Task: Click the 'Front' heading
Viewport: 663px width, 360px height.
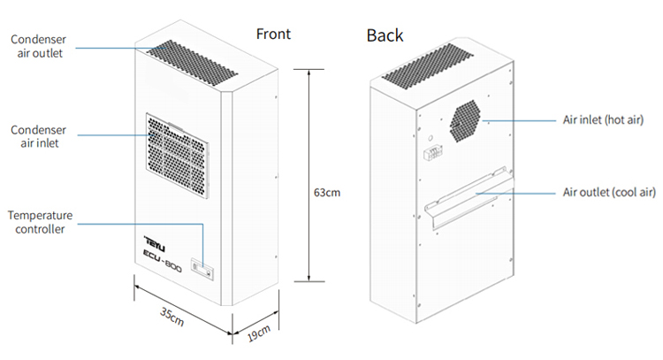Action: point(273,34)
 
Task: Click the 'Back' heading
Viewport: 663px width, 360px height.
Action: point(385,36)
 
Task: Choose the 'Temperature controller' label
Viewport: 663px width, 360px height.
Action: point(40,222)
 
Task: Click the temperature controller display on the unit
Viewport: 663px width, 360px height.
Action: point(202,269)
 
